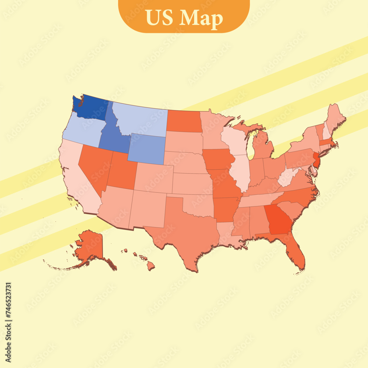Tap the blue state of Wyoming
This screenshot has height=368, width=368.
click(x=146, y=149)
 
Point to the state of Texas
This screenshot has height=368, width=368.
click(x=184, y=228)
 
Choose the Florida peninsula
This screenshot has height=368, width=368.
click(x=296, y=254)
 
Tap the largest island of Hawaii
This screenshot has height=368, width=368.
click(x=151, y=266)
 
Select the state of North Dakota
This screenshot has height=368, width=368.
click(x=184, y=121)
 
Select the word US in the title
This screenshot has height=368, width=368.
click(x=160, y=18)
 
